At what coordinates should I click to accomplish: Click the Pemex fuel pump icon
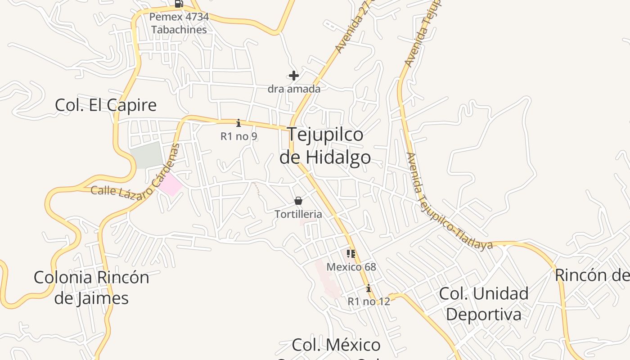(179, 4)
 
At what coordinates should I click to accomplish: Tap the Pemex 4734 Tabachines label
(179, 23)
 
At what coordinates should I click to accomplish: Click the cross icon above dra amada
(294, 76)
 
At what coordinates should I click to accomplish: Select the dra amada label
(294, 89)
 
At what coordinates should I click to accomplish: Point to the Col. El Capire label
(106, 105)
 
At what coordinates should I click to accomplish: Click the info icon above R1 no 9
(238, 123)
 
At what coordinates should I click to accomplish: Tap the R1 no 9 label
(238, 136)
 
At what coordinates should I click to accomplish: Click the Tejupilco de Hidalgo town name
(325, 146)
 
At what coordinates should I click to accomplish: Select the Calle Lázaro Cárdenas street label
(135, 180)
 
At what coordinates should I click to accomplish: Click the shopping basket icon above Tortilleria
(298, 201)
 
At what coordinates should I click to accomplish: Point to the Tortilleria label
(298, 214)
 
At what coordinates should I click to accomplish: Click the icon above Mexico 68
(351, 254)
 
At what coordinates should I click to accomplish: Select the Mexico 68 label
(351, 267)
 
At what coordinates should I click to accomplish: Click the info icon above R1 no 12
(369, 288)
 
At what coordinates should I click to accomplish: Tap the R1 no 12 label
(369, 301)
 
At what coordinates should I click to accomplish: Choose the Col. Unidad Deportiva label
(483, 304)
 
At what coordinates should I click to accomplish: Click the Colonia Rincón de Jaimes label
(91, 288)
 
